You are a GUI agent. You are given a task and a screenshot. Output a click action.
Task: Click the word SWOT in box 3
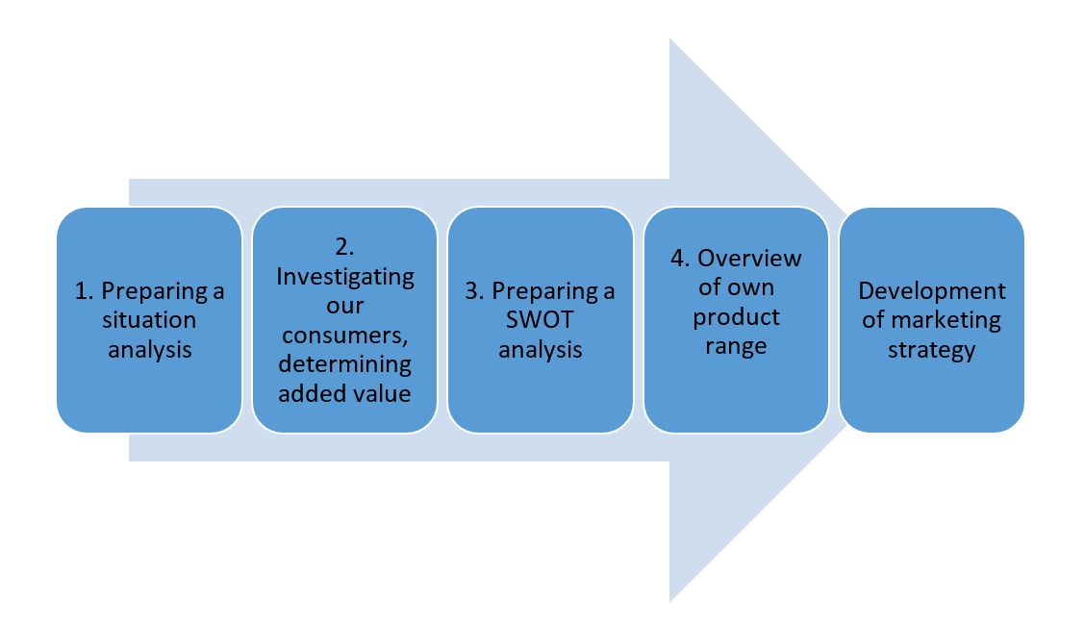coord(540,319)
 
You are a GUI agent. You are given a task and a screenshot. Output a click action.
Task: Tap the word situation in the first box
coord(149,319)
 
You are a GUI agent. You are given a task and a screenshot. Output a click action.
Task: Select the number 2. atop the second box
coord(345,247)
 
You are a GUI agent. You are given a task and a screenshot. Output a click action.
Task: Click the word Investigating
coord(345,277)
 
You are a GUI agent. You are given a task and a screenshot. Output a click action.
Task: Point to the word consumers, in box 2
coord(345,336)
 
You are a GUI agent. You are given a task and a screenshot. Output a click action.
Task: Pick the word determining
coord(345,364)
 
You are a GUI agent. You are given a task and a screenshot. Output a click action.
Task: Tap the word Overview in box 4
coord(749,258)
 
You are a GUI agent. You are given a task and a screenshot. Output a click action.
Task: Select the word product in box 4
coord(736,318)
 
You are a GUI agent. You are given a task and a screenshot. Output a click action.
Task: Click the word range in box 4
coord(736,347)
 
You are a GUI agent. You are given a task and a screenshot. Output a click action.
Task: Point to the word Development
coord(932,291)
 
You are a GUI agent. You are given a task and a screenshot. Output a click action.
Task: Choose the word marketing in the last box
coord(945,321)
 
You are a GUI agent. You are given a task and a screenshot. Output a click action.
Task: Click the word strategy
coord(932,350)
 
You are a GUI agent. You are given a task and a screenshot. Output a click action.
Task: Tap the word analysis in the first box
coord(149,350)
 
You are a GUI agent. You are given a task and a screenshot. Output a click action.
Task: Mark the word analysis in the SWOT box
coord(540,350)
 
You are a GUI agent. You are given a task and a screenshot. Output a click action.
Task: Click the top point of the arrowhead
coord(669,38)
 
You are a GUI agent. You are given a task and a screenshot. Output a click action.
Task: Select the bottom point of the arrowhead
coord(669,602)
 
